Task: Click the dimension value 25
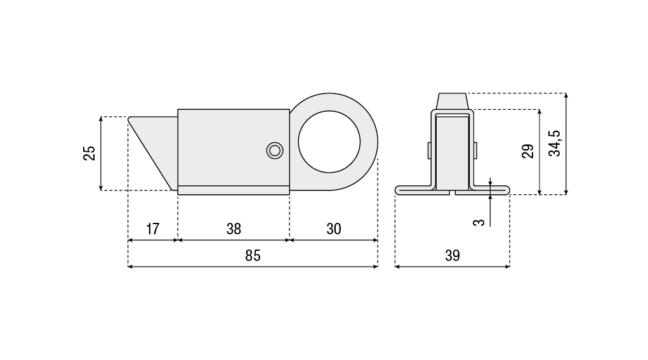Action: pyautogui.click(x=89, y=153)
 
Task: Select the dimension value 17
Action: pyautogui.click(x=152, y=229)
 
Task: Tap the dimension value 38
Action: pyautogui.click(x=234, y=229)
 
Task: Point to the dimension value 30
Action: pyautogui.click(x=333, y=229)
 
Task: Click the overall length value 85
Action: pyautogui.click(x=253, y=256)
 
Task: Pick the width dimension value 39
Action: pyautogui.click(x=452, y=256)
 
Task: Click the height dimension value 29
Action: pyautogui.click(x=527, y=152)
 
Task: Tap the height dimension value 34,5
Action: pyautogui.click(x=554, y=143)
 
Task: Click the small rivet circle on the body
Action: pyautogui.click(x=275, y=150)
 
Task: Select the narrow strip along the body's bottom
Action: pyautogui.click(x=233, y=189)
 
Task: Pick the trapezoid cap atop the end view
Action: pyautogui.click(x=452, y=101)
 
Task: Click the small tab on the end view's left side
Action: pyautogui.click(x=430, y=150)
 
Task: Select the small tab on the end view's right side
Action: pyautogui.click(x=475, y=150)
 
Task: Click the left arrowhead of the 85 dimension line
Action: pyautogui.click(x=131, y=267)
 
